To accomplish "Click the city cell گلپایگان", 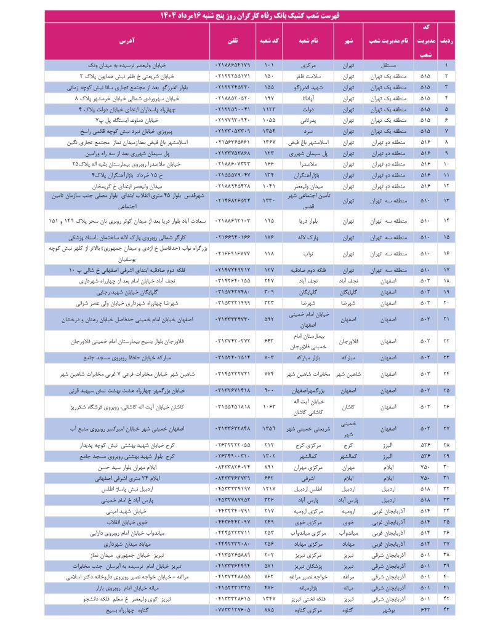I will pyautogui.click(x=348, y=292).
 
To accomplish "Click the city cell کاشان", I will pyautogui.click(x=348, y=407).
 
